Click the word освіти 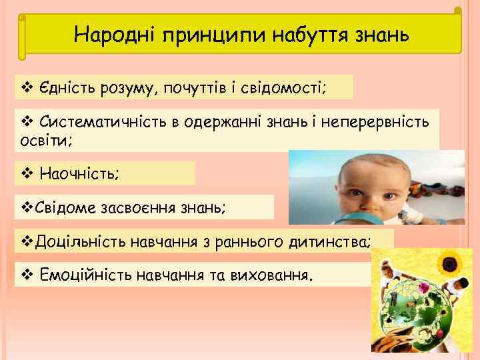point(42,141)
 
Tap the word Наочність point(79,174)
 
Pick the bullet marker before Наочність point(26,174)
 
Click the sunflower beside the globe point(453,263)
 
